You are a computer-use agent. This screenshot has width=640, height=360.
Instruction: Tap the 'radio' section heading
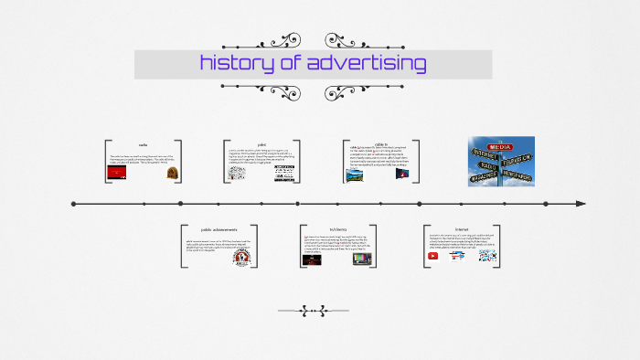144,145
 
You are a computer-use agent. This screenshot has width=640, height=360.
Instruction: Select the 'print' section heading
261,144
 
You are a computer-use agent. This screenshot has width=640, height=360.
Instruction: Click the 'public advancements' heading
219,229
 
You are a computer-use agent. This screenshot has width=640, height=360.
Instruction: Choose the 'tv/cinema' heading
337,229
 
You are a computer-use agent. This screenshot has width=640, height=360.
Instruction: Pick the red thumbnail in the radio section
122,173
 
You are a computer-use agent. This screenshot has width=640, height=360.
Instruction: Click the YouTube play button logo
433,257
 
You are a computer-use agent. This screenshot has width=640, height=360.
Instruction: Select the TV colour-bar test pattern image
361,259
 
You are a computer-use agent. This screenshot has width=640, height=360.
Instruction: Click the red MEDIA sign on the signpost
500,146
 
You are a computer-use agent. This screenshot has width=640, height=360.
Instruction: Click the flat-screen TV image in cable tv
400,174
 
